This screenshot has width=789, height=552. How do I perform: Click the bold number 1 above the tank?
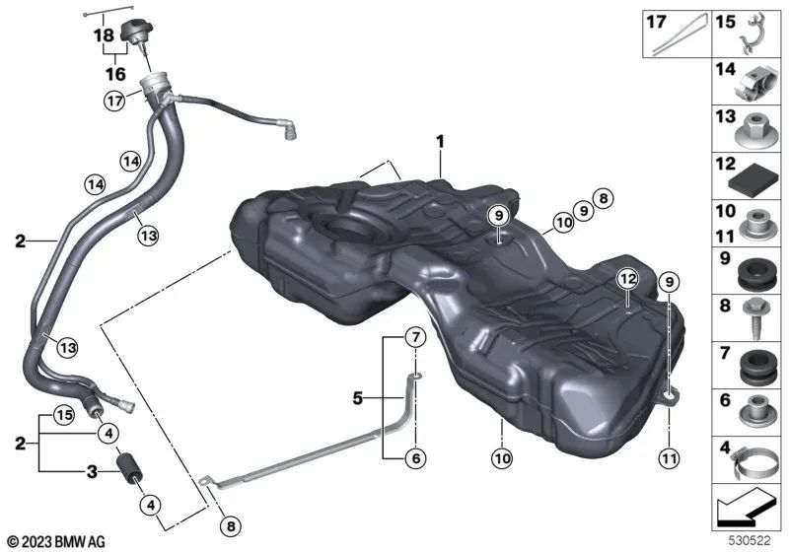tap(441, 142)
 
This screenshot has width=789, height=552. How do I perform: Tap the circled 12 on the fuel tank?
tap(622, 280)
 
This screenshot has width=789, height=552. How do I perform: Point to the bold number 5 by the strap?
tap(359, 399)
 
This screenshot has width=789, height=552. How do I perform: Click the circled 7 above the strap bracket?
tap(416, 339)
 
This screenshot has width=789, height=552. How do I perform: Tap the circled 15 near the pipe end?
tap(63, 414)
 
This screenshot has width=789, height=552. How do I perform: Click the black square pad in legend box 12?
tap(753, 179)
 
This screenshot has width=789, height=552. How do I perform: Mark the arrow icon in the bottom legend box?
tap(746, 511)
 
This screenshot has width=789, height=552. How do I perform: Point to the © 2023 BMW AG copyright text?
tap(56, 540)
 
